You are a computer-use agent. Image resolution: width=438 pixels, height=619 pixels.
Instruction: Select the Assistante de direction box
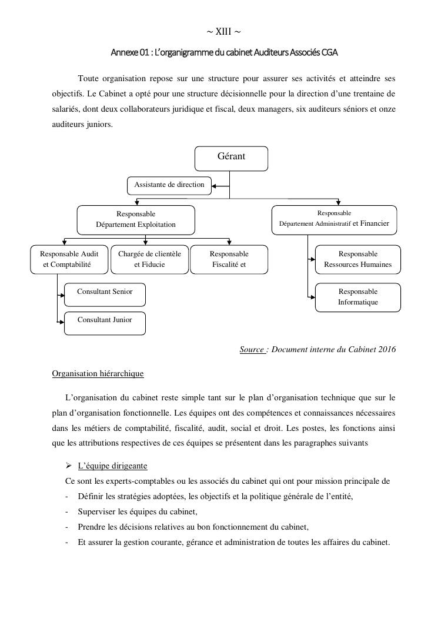[x=169, y=185]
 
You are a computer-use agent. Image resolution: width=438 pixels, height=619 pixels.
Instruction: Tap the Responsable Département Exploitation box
[x=136, y=219]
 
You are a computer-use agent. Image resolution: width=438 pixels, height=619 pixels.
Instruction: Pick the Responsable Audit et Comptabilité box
[x=69, y=259]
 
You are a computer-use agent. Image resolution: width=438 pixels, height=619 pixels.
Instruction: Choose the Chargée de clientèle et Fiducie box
[x=149, y=259]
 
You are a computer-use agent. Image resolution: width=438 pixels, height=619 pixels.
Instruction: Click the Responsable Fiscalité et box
[x=229, y=259]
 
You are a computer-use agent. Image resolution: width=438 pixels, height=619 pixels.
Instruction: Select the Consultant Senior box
[x=105, y=295]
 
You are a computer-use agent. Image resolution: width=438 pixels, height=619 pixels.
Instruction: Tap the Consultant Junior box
[x=105, y=323]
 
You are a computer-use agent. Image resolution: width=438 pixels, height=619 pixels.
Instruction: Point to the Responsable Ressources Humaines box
[x=357, y=259]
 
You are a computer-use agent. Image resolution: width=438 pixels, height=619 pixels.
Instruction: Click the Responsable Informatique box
[x=357, y=297]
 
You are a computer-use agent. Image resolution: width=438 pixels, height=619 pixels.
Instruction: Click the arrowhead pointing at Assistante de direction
[x=215, y=186]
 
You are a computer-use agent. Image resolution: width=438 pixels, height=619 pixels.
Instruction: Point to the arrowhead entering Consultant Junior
[x=61, y=323]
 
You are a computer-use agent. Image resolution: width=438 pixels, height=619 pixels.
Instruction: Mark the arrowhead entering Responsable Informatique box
[x=312, y=297]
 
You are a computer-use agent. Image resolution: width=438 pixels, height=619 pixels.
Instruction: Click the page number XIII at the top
[x=223, y=31]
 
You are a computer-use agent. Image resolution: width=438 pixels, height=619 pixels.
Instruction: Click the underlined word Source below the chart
[x=252, y=350]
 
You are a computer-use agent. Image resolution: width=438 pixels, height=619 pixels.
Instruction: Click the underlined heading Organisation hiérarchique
[x=98, y=373]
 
